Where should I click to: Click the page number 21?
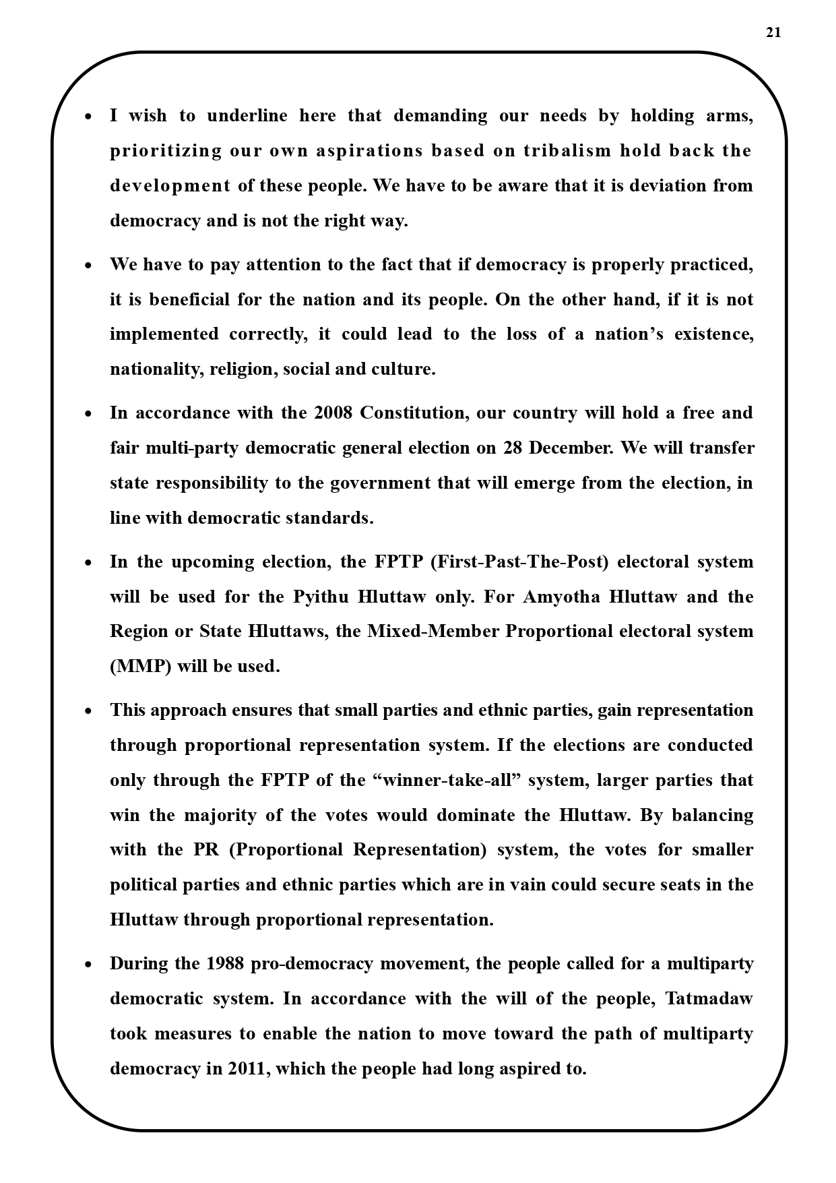[773, 32]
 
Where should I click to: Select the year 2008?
[333, 413]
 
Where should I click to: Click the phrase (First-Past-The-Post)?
[519, 562]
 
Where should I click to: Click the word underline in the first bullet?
[247, 115]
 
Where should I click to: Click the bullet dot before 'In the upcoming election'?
[88, 562]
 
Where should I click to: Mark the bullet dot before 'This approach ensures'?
[88, 710]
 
